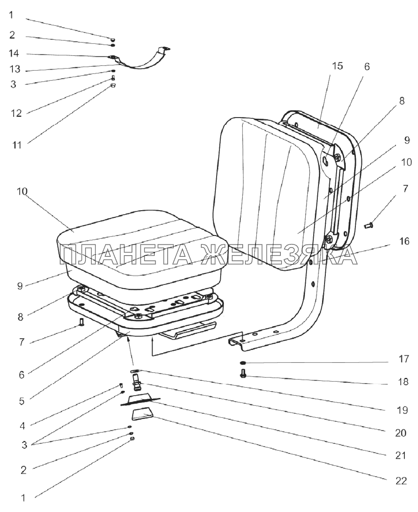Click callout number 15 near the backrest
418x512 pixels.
click(338, 66)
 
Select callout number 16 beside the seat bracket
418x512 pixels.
click(404, 241)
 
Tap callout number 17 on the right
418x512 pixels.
click(404, 359)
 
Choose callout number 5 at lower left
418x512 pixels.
click(21, 400)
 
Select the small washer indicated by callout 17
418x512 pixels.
click(243, 363)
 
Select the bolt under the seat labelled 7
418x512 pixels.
click(82, 321)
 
